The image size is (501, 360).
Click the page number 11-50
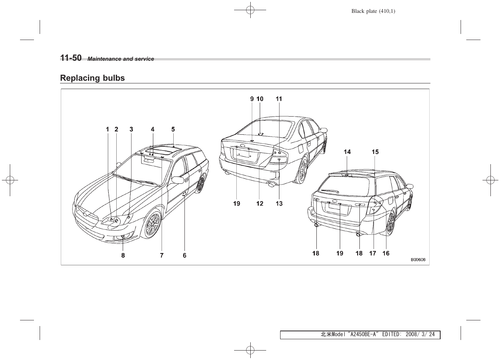71,58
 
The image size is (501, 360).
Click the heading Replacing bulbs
92,78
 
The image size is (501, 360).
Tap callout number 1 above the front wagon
108,129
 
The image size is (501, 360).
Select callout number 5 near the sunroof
173,129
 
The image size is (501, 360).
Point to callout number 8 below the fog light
123,255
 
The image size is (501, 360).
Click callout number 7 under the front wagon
162,255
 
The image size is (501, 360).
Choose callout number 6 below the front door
185,255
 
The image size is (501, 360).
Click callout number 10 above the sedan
260,99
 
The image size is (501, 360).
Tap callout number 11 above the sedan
279,99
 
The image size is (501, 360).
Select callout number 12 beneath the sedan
260,204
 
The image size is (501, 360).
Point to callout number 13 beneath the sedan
279,204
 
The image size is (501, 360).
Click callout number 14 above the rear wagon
347,152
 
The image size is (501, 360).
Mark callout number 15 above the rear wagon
375,152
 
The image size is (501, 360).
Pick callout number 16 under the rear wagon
386,254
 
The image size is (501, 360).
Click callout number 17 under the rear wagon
373,254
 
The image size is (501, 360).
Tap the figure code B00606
418,260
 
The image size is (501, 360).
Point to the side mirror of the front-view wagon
177,180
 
